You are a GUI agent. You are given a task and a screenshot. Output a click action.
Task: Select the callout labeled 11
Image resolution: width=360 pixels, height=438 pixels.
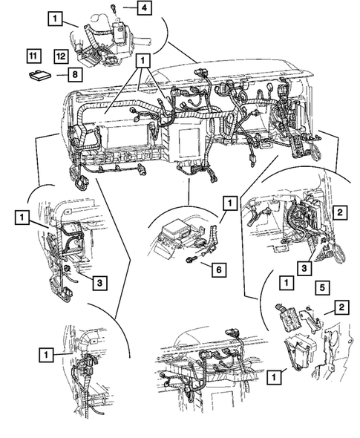33,54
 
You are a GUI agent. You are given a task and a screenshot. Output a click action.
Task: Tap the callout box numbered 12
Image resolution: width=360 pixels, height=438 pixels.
60,54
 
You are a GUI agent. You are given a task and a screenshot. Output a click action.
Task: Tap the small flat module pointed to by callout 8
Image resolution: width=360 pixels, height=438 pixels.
40,73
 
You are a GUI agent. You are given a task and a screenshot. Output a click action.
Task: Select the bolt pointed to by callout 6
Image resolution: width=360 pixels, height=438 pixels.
191,258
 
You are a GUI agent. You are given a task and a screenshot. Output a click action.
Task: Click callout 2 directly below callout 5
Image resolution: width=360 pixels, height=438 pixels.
341,306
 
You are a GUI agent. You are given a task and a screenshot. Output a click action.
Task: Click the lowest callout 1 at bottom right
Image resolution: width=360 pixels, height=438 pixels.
275,377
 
